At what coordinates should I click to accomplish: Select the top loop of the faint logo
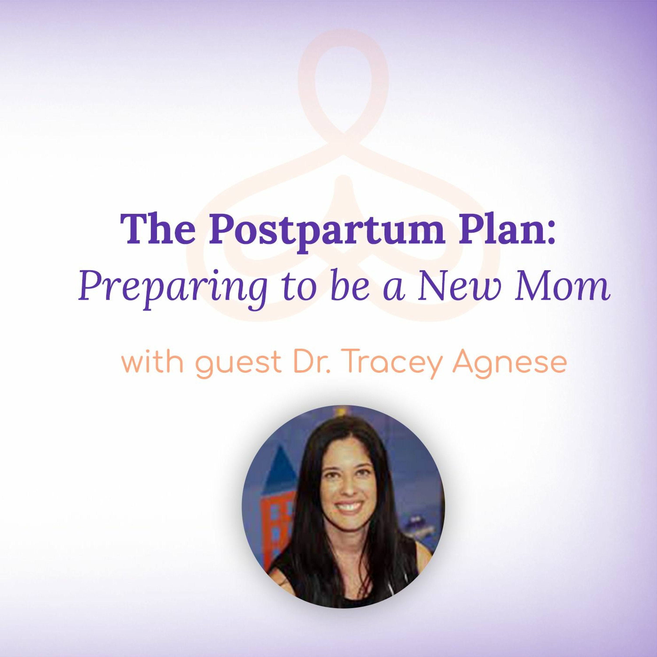tap(343, 80)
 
